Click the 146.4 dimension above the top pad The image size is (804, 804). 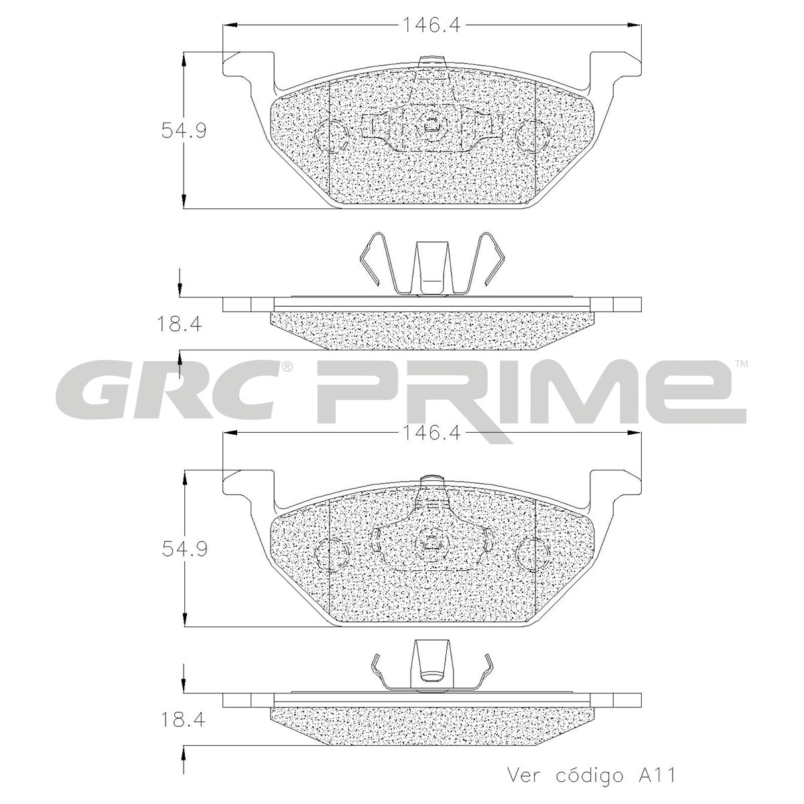click(x=431, y=26)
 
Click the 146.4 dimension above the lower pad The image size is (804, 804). click(x=431, y=434)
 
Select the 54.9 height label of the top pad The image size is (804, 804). click(x=184, y=131)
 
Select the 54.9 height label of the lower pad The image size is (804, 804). click(x=184, y=549)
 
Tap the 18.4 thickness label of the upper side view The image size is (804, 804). click(x=180, y=324)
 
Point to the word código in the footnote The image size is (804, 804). click(x=589, y=775)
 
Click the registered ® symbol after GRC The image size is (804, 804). click(x=287, y=367)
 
